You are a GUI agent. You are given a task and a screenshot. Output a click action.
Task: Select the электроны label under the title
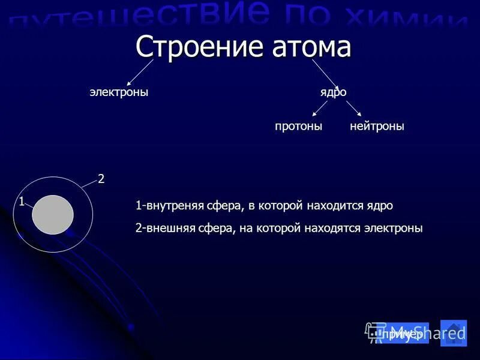click(x=119, y=92)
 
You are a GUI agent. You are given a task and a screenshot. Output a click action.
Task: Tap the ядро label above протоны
click(x=333, y=92)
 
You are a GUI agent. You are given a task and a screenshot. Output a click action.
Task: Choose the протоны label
click(x=298, y=127)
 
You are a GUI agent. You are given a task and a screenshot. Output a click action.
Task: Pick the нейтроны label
click(x=377, y=127)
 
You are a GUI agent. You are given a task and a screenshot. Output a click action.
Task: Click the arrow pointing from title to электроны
click(x=141, y=73)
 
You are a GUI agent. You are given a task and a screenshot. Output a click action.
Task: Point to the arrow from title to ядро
click(x=326, y=74)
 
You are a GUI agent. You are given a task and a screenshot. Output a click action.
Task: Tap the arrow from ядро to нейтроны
click(x=354, y=109)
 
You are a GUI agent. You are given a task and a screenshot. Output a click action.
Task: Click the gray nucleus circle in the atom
click(x=53, y=215)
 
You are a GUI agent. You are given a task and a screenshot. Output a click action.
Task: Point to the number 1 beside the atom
click(x=21, y=202)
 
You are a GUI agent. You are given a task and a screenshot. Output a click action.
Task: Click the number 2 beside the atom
click(x=101, y=179)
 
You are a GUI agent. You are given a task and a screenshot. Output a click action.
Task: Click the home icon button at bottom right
click(x=454, y=332)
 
